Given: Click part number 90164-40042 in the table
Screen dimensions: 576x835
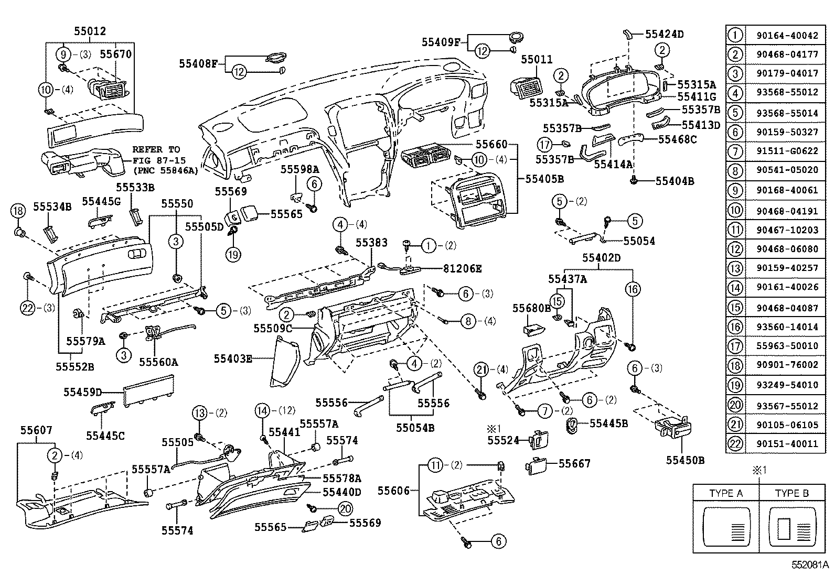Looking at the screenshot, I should coord(787,36).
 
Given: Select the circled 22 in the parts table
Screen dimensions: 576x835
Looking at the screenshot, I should coord(736,444).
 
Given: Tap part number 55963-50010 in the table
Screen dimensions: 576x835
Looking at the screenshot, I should coord(787,346).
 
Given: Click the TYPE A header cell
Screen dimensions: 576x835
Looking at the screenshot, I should coord(726,493).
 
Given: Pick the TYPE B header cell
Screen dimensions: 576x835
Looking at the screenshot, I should coord(792,493).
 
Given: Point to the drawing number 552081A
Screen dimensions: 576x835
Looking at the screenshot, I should coord(810,566).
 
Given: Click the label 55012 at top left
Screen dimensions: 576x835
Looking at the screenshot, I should coord(90,31).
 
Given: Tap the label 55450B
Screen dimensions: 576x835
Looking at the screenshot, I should coord(684,460).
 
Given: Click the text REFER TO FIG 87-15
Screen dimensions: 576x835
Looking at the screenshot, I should coord(157,156).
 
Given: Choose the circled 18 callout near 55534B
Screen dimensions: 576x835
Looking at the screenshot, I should coord(18,211).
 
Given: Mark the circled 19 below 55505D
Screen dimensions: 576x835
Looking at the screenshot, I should coord(233,254).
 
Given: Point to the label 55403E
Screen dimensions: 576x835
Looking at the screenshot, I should coord(232,359).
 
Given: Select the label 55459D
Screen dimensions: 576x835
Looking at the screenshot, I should coord(82,392).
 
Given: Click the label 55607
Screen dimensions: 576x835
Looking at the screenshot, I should coord(36,430).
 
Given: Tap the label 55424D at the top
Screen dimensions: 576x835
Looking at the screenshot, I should coord(664,35).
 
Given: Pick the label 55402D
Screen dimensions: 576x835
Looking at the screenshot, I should coord(601,258).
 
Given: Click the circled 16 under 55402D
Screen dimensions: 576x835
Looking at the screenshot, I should coord(633,289).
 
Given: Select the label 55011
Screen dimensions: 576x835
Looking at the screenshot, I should coord(537,59).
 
